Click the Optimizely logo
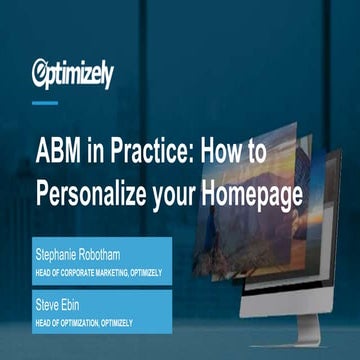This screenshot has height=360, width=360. click(x=73, y=73)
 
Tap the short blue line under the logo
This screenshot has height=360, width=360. click(x=44, y=102)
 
